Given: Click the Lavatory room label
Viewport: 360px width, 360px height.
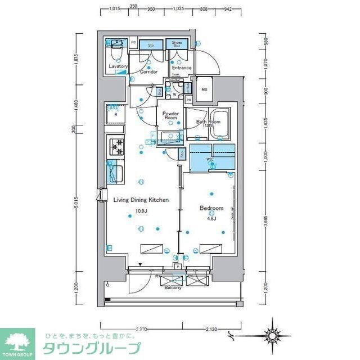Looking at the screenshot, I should [118, 66].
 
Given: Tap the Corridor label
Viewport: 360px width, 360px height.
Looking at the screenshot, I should [148, 72].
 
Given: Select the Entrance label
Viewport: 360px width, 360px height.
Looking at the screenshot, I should [181, 68].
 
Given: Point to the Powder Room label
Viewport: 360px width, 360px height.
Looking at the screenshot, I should [170, 116].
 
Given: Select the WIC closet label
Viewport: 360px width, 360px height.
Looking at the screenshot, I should [211, 160].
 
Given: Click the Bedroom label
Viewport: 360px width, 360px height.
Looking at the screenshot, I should [211, 208].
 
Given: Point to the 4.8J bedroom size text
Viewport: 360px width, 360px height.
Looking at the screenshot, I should [211, 218].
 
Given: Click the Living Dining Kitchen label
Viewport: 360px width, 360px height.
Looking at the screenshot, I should [141, 200].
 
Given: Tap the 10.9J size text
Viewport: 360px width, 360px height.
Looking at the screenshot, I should [140, 211].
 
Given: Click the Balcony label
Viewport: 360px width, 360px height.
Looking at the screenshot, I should [172, 288].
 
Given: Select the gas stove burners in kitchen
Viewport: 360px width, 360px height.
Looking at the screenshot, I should [117, 147].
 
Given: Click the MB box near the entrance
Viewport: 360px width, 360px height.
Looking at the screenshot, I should [204, 89].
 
